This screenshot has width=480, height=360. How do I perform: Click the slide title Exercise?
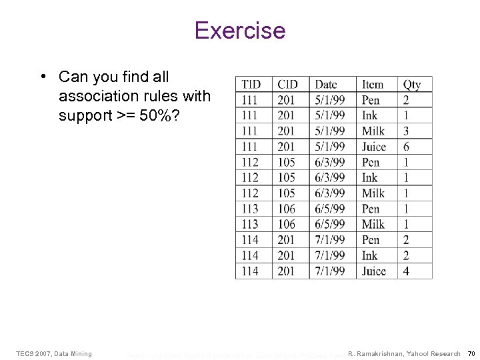(x=239, y=31)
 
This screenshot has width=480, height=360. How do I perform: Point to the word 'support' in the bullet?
(x=83, y=115)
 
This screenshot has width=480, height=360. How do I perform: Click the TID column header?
(x=251, y=85)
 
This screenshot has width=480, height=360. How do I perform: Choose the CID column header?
(x=287, y=85)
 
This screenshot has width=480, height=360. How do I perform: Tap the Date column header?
(x=326, y=85)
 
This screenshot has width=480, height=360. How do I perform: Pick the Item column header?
(x=373, y=85)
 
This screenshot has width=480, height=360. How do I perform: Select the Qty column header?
(x=412, y=85)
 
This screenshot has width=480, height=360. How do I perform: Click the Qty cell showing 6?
(x=406, y=147)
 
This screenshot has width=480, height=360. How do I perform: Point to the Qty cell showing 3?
(x=406, y=131)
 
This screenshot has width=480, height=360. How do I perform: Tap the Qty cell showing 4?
(x=406, y=271)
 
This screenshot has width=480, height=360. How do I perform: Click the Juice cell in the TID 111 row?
(x=374, y=147)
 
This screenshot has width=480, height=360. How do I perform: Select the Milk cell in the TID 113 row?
(x=373, y=225)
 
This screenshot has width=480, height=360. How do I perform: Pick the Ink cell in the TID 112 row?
(x=369, y=178)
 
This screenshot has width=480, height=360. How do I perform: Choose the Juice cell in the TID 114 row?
(x=374, y=271)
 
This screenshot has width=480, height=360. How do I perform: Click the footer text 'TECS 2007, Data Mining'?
(x=53, y=353)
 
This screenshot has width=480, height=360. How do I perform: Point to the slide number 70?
(x=471, y=353)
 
